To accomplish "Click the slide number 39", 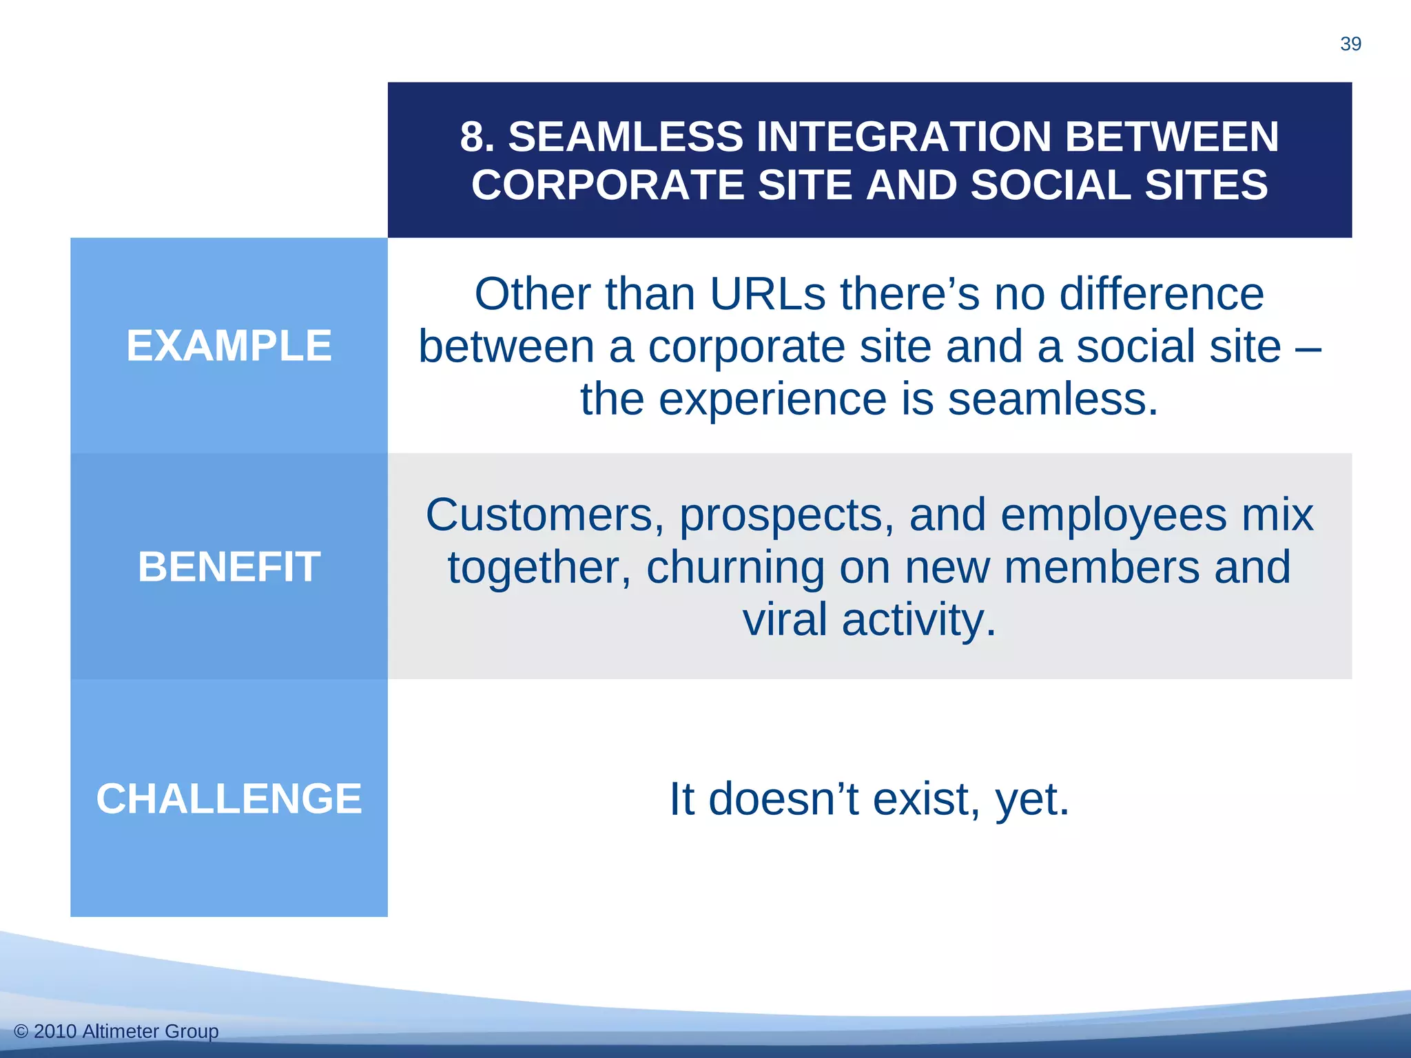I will coord(1350,44).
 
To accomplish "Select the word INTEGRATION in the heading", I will coord(904,136).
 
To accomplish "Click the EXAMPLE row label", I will coord(229,346).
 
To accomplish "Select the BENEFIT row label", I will coord(229,567).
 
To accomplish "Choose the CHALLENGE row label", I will coord(229,799).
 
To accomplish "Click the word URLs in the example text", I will coord(767,295).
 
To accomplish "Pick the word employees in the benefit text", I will coord(1113,515).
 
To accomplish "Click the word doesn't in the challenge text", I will coord(783,800).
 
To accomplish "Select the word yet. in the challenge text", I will coord(1032,800).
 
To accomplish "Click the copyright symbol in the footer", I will coord(21,1031).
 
